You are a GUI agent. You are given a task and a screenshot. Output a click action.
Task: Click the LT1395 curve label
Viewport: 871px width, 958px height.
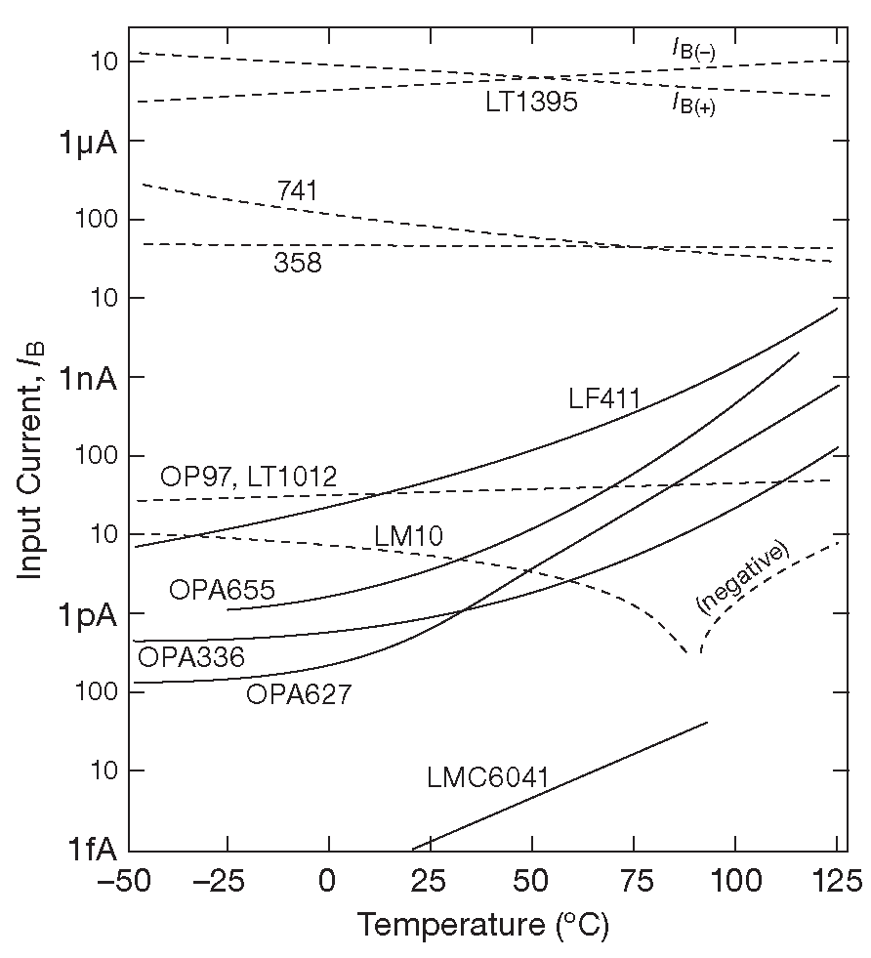pyautogui.click(x=531, y=102)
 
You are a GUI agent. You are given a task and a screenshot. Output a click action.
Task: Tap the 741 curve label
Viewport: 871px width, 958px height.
pyautogui.click(x=297, y=190)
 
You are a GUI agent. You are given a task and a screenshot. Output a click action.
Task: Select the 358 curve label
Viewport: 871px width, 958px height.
pyautogui.click(x=297, y=263)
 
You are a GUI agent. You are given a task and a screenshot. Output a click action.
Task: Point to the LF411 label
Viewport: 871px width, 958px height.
pyautogui.click(x=603, y=398)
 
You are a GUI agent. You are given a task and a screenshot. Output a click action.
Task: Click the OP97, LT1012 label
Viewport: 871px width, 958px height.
pyautogui.click(x=248, y=478)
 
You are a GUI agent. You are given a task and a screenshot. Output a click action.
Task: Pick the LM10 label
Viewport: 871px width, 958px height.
pyautogui.click(x=408, y=535)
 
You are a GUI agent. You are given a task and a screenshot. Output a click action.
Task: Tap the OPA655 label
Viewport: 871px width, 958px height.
pyautogui.click(x=222, y=590)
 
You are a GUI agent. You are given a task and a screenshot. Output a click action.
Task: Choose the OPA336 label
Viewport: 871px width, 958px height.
pyautogui.click(x=191, y=656)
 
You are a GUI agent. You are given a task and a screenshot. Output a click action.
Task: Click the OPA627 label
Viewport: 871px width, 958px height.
pyautogui.click(x=298, y=694)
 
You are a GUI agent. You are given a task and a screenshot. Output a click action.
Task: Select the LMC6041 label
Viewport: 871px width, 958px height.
pyautogui.click(x=487, y=778)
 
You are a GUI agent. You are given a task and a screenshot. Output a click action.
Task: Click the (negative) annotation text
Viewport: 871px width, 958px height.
pyautogui.click(x=742, y=576)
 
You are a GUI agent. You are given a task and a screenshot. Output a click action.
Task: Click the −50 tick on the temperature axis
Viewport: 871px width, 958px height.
pyautogui.click(x=123, y=885)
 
